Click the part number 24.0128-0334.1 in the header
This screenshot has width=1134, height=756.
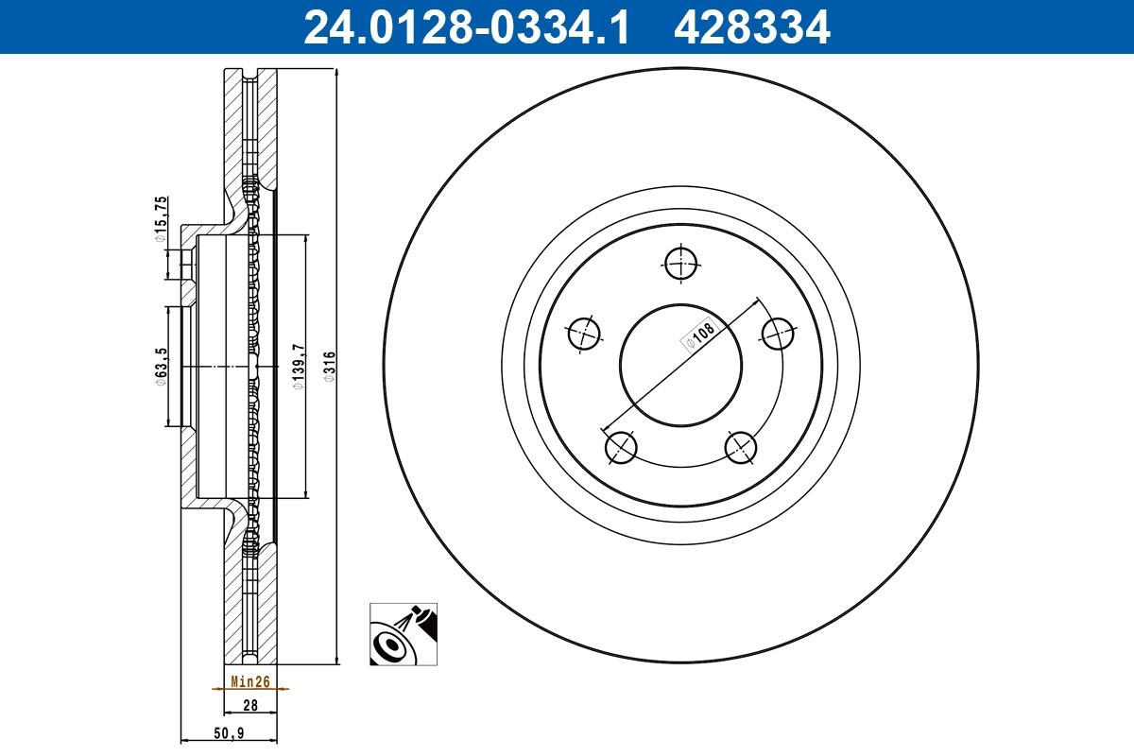click(x=465, y=26)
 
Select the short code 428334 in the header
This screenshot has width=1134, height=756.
click(x=751, y=26)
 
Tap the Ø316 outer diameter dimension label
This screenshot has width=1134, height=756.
click(x=330, y=366)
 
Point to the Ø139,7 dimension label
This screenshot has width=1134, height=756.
click(x=299, y=366)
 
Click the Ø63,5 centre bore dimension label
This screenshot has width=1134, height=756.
click(x=162, y=366)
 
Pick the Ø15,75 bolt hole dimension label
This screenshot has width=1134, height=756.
click(x=162, y=218)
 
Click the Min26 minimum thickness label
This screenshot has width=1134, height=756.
click(x=250, y=680)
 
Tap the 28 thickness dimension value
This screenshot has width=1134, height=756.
click(x=250, y=705)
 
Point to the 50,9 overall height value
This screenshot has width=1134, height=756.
click(x=230, y=732)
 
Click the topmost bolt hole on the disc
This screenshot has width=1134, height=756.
click(x=680, y=264)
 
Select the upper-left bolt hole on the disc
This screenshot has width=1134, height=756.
click(x=584, y=333)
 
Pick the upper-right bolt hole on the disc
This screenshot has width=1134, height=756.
click(x=778, y=333)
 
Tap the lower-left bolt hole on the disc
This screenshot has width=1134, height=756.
click(x=621, y=446)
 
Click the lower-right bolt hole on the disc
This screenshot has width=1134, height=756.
click(x=740, y=446)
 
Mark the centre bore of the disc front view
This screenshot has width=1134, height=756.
click(x=680, y=365)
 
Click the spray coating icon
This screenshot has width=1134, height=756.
click(x=404, y=633)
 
